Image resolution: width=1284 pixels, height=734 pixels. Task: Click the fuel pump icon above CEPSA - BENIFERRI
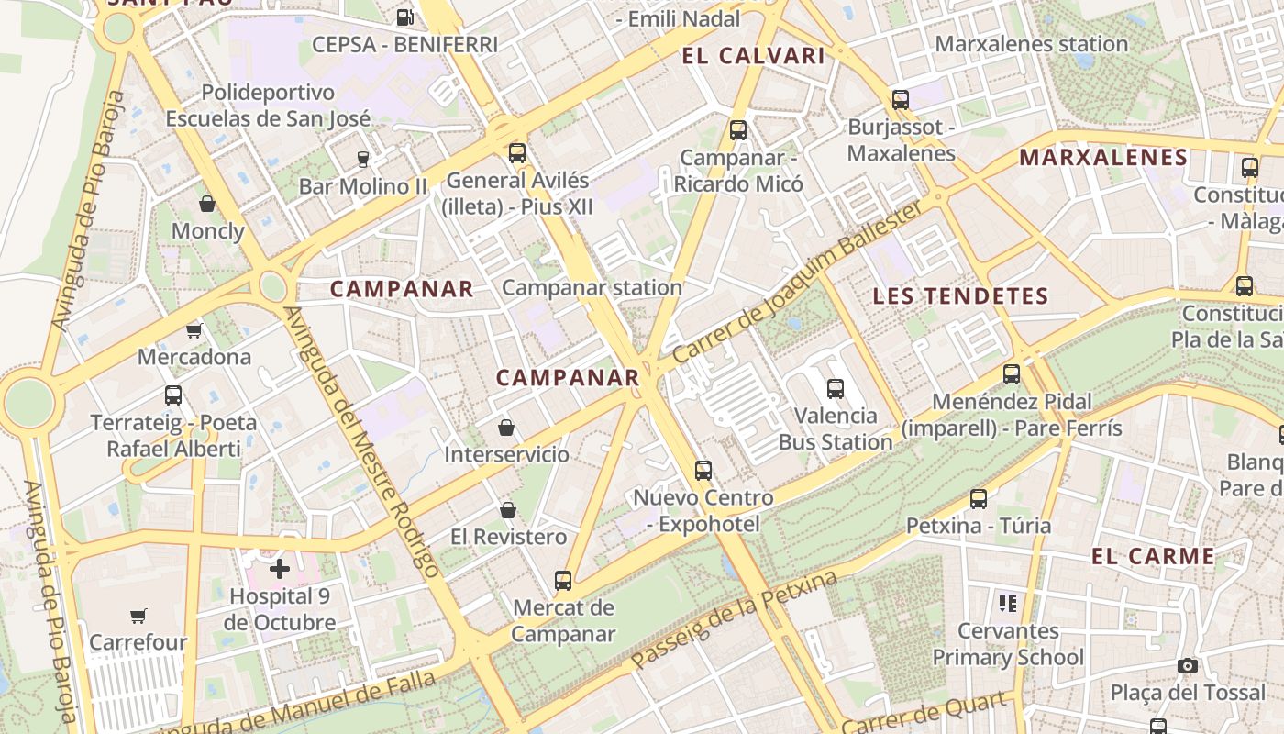pyautogui.click(x=404, y=17)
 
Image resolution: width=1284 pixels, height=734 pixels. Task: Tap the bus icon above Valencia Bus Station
pyautogui.click(x=835, y=388)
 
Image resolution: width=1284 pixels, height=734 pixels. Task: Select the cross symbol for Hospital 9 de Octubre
pyautogui.click(x=280, y=569)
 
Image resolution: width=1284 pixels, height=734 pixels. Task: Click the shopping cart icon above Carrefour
pyautogui.click(x=138, y=616)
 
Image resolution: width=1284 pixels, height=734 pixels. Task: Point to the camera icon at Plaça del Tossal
pyautogui.click(x=1188, y=665)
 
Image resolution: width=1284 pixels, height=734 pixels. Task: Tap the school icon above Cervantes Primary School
pyautogui.click(x=1008, y=604)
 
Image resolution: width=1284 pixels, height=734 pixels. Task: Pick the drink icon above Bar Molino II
pyautogui.click(x=362, y=159)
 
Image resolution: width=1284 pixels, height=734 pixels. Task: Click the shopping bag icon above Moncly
pyautogui.click(x=207, y=204)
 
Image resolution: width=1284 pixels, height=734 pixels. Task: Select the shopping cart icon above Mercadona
pyautogui.click(x=194, y=330)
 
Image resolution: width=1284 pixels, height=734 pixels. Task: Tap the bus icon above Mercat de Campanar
pyautogui.click(x=563, y=580)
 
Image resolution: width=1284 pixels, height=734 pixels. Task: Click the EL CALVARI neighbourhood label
pyautogui.click(x=753, y=56)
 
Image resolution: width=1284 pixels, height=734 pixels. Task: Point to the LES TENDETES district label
pyautogui.click(x=959, y=295)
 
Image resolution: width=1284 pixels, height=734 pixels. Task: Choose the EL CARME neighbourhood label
pyautogui.click(x=1153, y=556)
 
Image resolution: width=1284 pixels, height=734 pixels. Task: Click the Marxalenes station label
pyautogui.click(x=1031, y=43)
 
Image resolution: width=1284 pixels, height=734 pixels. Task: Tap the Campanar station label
pyautogui.click(x=592, y=287)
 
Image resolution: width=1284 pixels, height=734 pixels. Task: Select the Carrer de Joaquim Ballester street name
pyautogui.click(x=798, y=283)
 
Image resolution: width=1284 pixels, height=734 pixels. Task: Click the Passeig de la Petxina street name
pyautogui.click(x=735, y=619)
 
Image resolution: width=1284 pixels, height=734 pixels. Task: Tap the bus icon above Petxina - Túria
pyautogui.click(x=979, y=499)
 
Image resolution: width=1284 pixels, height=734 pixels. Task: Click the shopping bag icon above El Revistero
pyautogui.click(x=507, y=510)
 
